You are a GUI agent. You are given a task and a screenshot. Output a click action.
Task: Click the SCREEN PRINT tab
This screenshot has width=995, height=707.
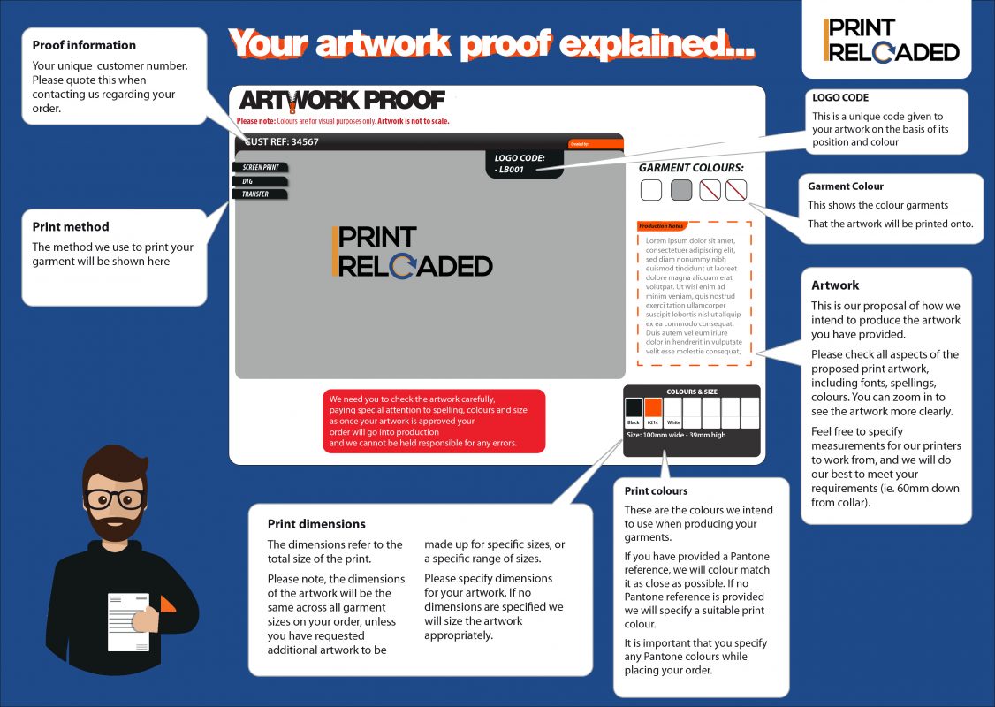(x=261, y=167)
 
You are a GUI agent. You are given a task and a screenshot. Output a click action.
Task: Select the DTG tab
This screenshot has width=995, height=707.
(x=261, y=181)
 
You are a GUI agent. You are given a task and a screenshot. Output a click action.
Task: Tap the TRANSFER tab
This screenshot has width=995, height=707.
(x=261, y=194)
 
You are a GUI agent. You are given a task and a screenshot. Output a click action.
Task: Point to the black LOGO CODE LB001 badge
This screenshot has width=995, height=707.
(x=524, y=163)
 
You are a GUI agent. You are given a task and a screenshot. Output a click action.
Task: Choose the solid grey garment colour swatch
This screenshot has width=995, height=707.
(x=681, y=190)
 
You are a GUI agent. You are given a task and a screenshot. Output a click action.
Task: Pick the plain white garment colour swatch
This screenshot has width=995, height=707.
(x=651, y=190)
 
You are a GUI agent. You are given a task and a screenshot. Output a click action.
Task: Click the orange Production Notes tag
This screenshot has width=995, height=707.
(x=662, y=226)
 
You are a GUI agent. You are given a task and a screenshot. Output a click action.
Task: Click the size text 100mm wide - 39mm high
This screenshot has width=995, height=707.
(x=676, y=435)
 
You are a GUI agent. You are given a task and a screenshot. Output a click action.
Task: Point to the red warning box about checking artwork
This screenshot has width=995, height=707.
(x=433, y=422)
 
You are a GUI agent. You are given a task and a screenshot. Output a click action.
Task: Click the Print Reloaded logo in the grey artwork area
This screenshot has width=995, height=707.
(x=412, y=252)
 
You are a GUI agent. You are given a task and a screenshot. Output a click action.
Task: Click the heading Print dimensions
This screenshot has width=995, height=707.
(x=316, y=524)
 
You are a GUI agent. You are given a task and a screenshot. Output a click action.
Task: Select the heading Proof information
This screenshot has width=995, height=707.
(x=84, y=45)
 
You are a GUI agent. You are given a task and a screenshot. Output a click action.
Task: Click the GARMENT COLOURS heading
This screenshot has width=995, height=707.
(x=691, y=167)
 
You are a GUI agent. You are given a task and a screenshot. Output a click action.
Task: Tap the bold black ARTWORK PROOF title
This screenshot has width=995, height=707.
(x=341, y=101)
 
